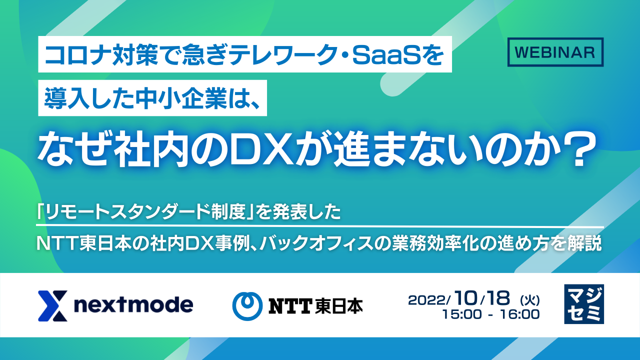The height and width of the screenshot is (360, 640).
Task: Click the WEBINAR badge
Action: coord(555,52)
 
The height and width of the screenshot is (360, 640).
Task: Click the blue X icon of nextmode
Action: coord(52,305)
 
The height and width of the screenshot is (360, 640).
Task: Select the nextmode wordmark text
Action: coord(133,305)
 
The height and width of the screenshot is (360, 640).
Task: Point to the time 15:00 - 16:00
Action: coord(490,314)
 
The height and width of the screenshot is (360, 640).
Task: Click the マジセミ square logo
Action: coord(583,304)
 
